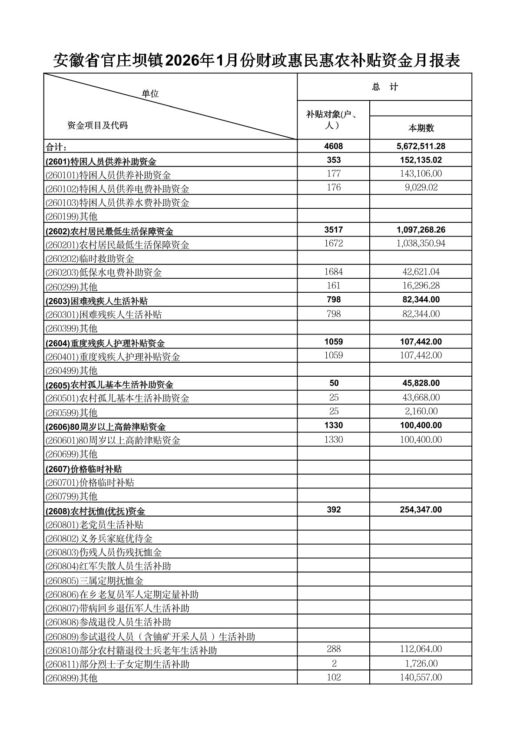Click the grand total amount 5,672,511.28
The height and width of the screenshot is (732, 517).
[x=421, y=146]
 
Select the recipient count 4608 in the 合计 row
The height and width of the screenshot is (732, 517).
[x=334, y=146]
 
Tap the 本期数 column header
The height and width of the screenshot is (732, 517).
[x=421, y=128]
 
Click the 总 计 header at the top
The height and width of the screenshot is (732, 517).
[x=384, y=87]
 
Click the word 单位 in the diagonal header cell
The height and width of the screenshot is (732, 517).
[x=150, y=94]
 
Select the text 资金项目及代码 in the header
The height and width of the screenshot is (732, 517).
[x=97, y=126]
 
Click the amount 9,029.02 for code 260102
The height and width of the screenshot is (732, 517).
[x=421, y=187]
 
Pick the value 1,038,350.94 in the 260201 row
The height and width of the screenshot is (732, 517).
[x=421, y=244]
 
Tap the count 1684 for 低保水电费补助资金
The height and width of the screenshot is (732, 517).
[x=334, y=272]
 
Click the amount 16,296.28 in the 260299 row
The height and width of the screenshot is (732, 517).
[x=421, y=286]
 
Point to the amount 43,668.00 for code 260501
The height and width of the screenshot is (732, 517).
[x=421, y=398]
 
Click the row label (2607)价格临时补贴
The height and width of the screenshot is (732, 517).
[x=84, y=469]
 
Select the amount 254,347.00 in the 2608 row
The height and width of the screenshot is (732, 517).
[x=421, y=510]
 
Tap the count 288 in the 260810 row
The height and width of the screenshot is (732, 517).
[x=334, y=649]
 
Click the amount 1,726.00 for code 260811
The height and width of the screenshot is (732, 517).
[x=421, y=664]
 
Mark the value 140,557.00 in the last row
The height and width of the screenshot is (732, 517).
[x=421, y=677]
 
